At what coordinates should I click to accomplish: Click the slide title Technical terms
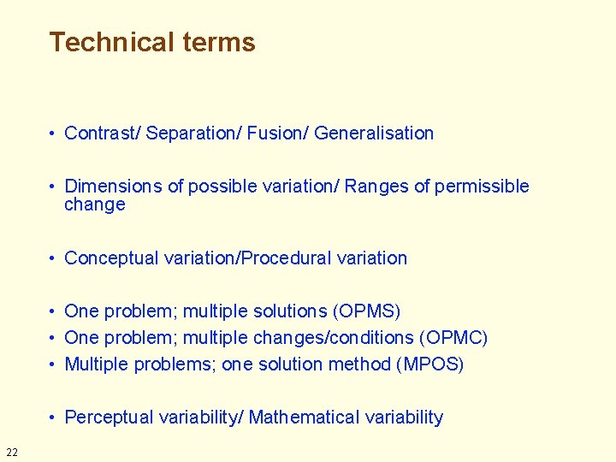(x=152, y=42)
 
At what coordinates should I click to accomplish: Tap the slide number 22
(x=11, y=452)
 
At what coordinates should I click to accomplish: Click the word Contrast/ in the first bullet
(x=103, y=133)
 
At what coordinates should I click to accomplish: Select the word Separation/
(x=194, y=133)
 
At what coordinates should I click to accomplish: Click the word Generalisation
(x=374, y=133)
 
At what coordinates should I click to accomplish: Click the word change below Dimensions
(x=95, y=204)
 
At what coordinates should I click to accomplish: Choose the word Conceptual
(x=111, y=258)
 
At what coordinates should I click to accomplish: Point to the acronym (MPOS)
(x=429, y=364)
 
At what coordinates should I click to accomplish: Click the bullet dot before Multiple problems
(x=53, y=364)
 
